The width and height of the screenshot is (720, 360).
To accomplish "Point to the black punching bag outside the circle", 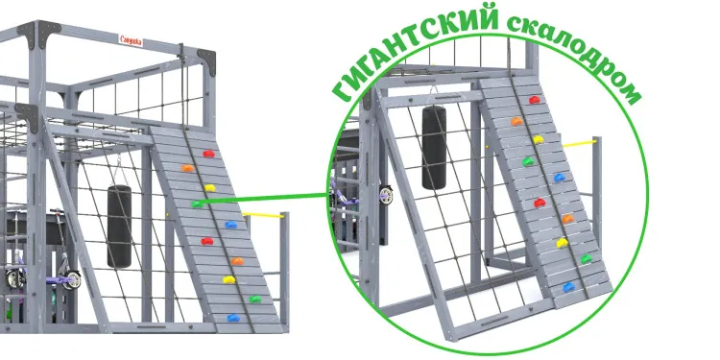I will point(119,227).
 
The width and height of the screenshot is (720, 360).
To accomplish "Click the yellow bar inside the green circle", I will point(578,144).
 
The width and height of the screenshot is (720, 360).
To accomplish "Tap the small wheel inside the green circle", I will point(386,195).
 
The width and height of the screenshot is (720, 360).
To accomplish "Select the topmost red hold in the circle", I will point(535,100).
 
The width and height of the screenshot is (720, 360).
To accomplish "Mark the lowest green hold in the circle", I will point(587,258).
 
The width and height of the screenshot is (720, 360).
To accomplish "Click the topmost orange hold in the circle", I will point(516,122).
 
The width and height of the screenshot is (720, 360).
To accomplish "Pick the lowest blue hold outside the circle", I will point(231,317).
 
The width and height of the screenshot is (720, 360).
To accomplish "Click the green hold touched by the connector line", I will point(198,204).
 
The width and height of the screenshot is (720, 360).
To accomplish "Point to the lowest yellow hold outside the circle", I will point(228,280).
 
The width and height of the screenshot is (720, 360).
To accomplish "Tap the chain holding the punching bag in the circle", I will point(432,97).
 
